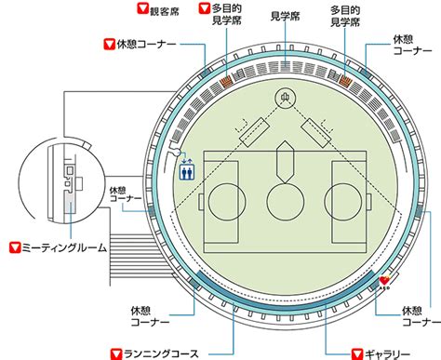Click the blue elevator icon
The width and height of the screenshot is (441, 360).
pos(187,171)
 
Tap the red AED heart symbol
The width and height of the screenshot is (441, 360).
pos(384,281)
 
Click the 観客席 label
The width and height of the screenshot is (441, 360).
pos(165,12)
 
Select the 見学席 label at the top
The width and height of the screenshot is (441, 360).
pos(286,16)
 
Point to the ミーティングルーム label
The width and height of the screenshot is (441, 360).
pos(64,247)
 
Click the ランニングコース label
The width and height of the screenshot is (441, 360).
pos(161,353)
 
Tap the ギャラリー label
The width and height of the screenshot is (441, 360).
pos(387,354)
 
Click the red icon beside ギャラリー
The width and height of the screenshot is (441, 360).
pos(357,353)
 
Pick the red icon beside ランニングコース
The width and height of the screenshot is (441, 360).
pos(116,354)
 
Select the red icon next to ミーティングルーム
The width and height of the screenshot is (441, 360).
pos(15,247)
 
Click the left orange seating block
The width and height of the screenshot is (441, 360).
pos(226,81)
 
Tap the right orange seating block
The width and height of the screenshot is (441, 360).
pos(345,80)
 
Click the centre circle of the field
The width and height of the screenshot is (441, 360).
pos(286,202)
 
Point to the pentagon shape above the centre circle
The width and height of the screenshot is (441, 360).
pos(286,162)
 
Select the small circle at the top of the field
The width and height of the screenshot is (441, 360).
pos(286,99)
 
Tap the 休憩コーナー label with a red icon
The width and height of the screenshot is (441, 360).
pos(146,44)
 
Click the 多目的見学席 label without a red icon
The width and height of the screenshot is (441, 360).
pos(345,16)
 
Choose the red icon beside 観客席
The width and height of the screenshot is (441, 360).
pos(142,8)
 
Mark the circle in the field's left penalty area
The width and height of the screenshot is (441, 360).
pos(227,202)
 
